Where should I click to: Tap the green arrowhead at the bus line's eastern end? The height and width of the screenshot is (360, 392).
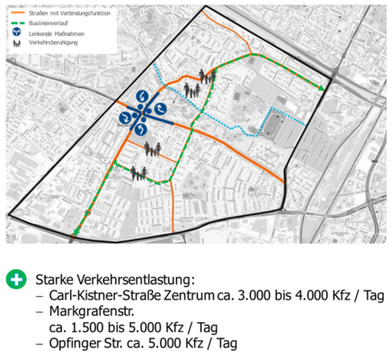click(322, 90)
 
